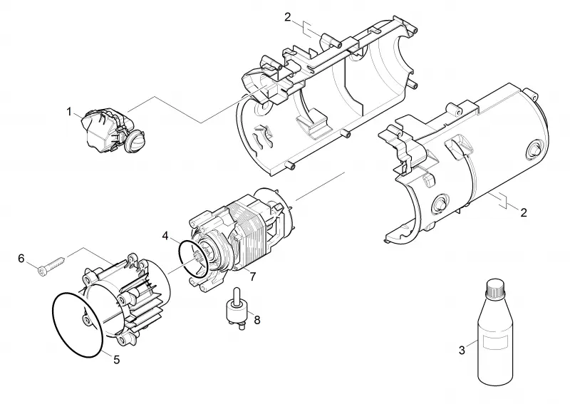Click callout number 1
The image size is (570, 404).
pos(69,112)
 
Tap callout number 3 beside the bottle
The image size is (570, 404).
pos(462,350)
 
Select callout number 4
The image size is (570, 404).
pos(165,236)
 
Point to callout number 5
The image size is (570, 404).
pos(116,360)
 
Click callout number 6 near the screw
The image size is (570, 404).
pos(21,259)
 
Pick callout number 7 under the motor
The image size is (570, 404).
pos(253,276)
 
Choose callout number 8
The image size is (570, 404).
pos(257,320)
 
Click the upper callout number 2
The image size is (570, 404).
pos(288,17)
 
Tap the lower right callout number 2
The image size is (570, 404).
pos(524,212)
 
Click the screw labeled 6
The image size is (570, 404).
pos(52,264)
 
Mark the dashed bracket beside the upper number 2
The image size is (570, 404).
pos(306,30)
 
